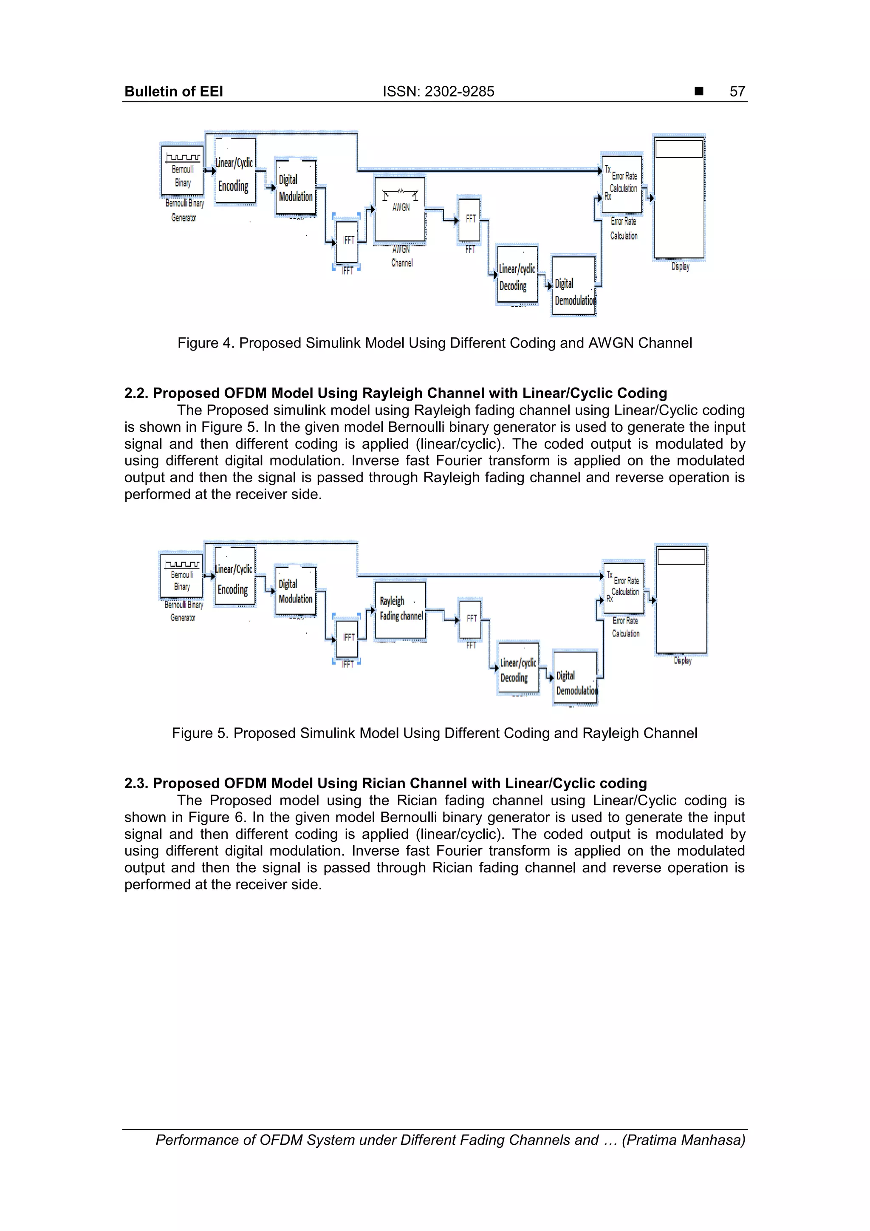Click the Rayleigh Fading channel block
pyautogui.click(x=401, y=610)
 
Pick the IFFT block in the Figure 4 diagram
pyautogui.click(x=347, y=241)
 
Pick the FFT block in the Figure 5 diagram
pyautogui.click(x=471, y=619)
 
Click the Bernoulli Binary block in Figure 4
pyautogui.click(x=183, y=170)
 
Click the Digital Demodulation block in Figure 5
pyautogui.click(x=575, y=678)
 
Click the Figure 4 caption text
pyautogui.click(x=435, y=343)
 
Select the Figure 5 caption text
pyautogui.click(x=435, y=733)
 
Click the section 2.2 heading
pyautogui.click(x=395, y=393)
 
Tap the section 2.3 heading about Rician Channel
pyautogui.click(x=385, y=783)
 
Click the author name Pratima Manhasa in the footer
pyautogui.click(x=684, y=1140)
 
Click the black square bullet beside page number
pyautogui.click(x=698, y=91)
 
